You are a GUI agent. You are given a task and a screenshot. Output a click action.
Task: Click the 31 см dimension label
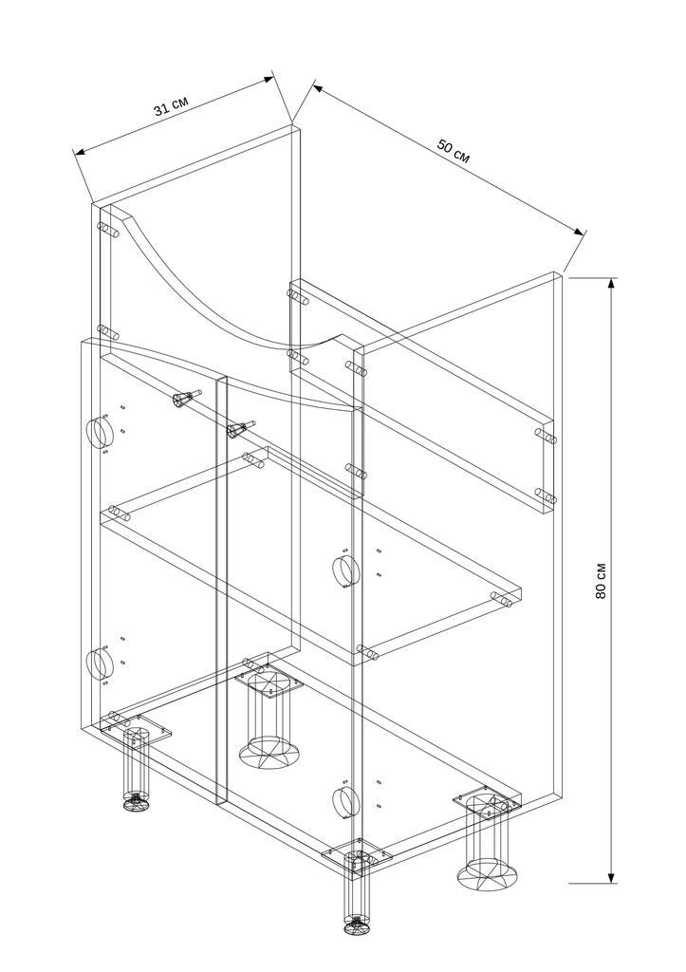[x=172, y=106]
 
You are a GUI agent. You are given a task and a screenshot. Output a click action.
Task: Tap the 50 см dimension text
[x=454, y=151]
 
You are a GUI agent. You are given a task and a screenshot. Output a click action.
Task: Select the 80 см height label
[x=601, y=581]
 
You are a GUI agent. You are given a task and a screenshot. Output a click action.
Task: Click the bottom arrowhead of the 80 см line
[x=612, y=876]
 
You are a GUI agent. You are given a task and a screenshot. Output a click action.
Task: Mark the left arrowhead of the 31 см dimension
[x=79, y=152]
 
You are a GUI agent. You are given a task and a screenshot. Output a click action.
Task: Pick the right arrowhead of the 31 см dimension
[x=269, y=79]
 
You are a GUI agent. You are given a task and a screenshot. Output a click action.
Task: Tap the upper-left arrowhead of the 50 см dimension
[x=318, y=88]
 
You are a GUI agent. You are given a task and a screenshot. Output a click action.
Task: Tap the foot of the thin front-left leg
[x=137, y=804]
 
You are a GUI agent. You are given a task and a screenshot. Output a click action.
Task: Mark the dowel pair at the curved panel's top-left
[x=109, y=230]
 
